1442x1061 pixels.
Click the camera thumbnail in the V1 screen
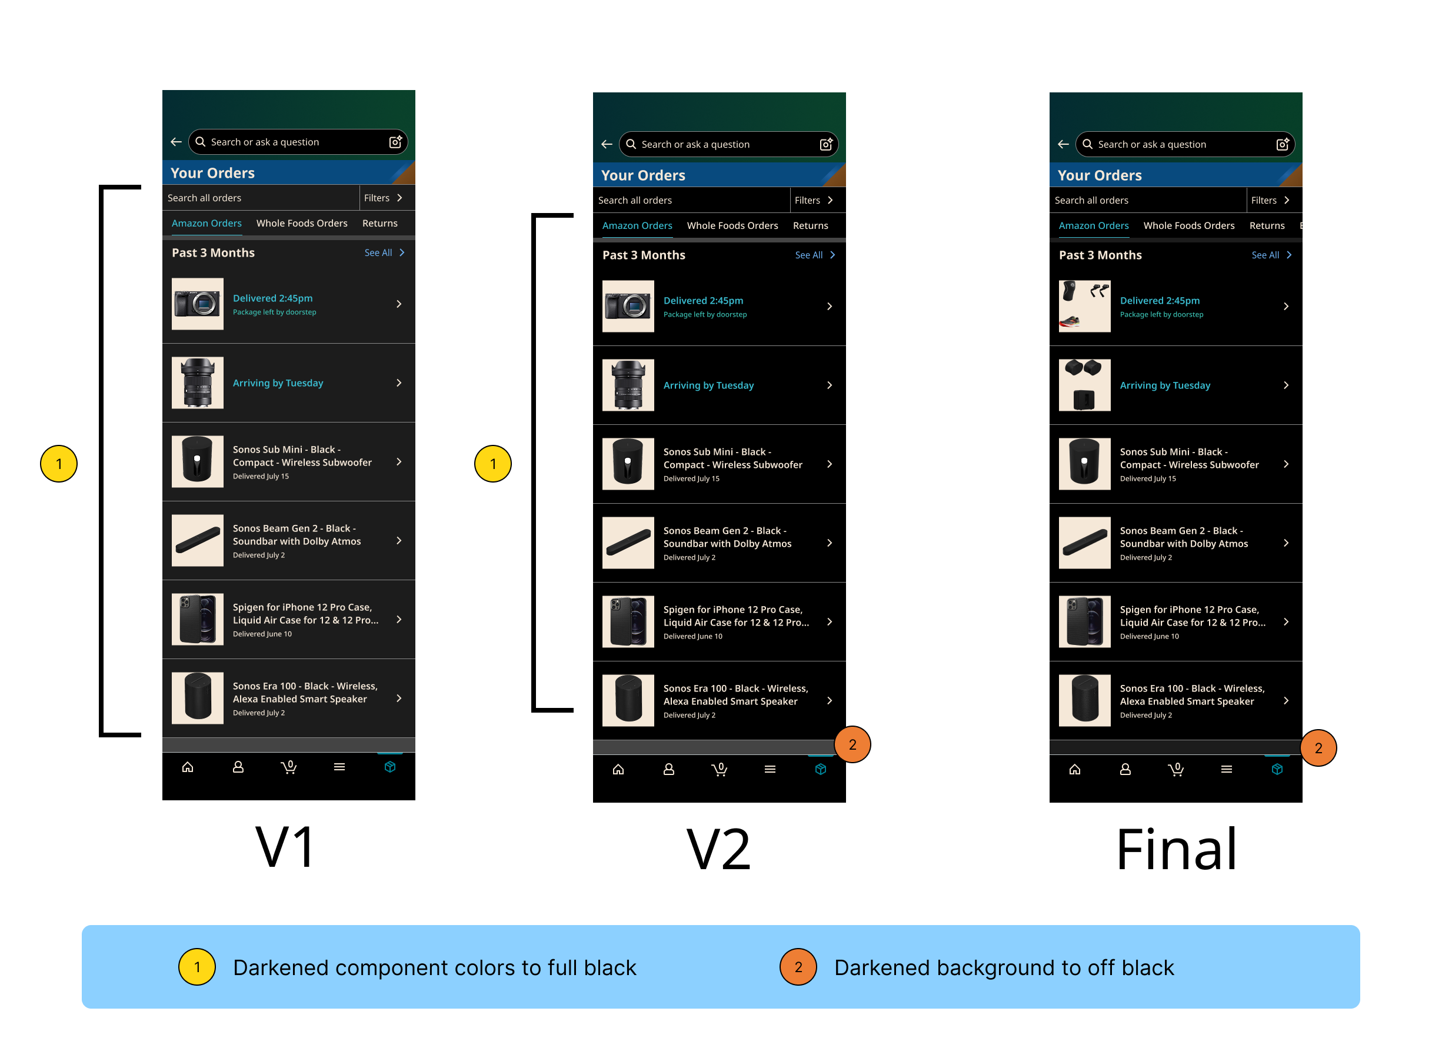pyautogui.click(x=197, y=304)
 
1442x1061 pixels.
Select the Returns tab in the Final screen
pyautogui.click(x=1266, y=225)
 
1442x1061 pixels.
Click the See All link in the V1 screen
pyautogui.click(x=383, y=252)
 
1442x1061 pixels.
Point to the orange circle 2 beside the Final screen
pyautogui.click(x=1317, y=747)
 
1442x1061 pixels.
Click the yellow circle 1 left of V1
pyautogui.click(x=59, y=463)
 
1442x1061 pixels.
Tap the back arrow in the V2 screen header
pyautogui.click(x=606, y=145)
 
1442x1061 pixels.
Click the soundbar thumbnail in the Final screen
pyautogui.click(x=1084, y=543)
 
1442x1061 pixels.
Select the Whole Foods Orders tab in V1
pyautogui.click(x=302, y=223)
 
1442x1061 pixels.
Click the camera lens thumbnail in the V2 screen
pyautogui.click(x=628, y=385)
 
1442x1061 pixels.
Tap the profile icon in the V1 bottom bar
pyautogui.click(x=238, y=767)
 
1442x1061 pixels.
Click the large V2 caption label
pyautogui.click(x=718, y=849)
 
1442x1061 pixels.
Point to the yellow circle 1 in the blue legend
pyautogui.click(x=197, y=967)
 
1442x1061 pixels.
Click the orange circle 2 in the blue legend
pyautogui.click(x=797, y=967)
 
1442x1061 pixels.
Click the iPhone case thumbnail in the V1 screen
pyautogui.click(x=197, y=619)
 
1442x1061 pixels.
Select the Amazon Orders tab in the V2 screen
pyautogui.click(x=637, y=225)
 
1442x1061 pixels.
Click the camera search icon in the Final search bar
pyautogui.click(x=1281, y=145)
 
